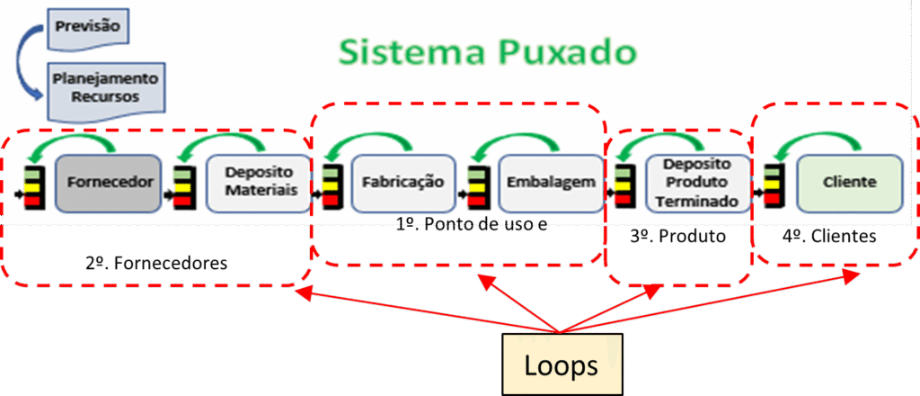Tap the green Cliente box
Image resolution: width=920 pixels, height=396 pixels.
pos(849,183)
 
